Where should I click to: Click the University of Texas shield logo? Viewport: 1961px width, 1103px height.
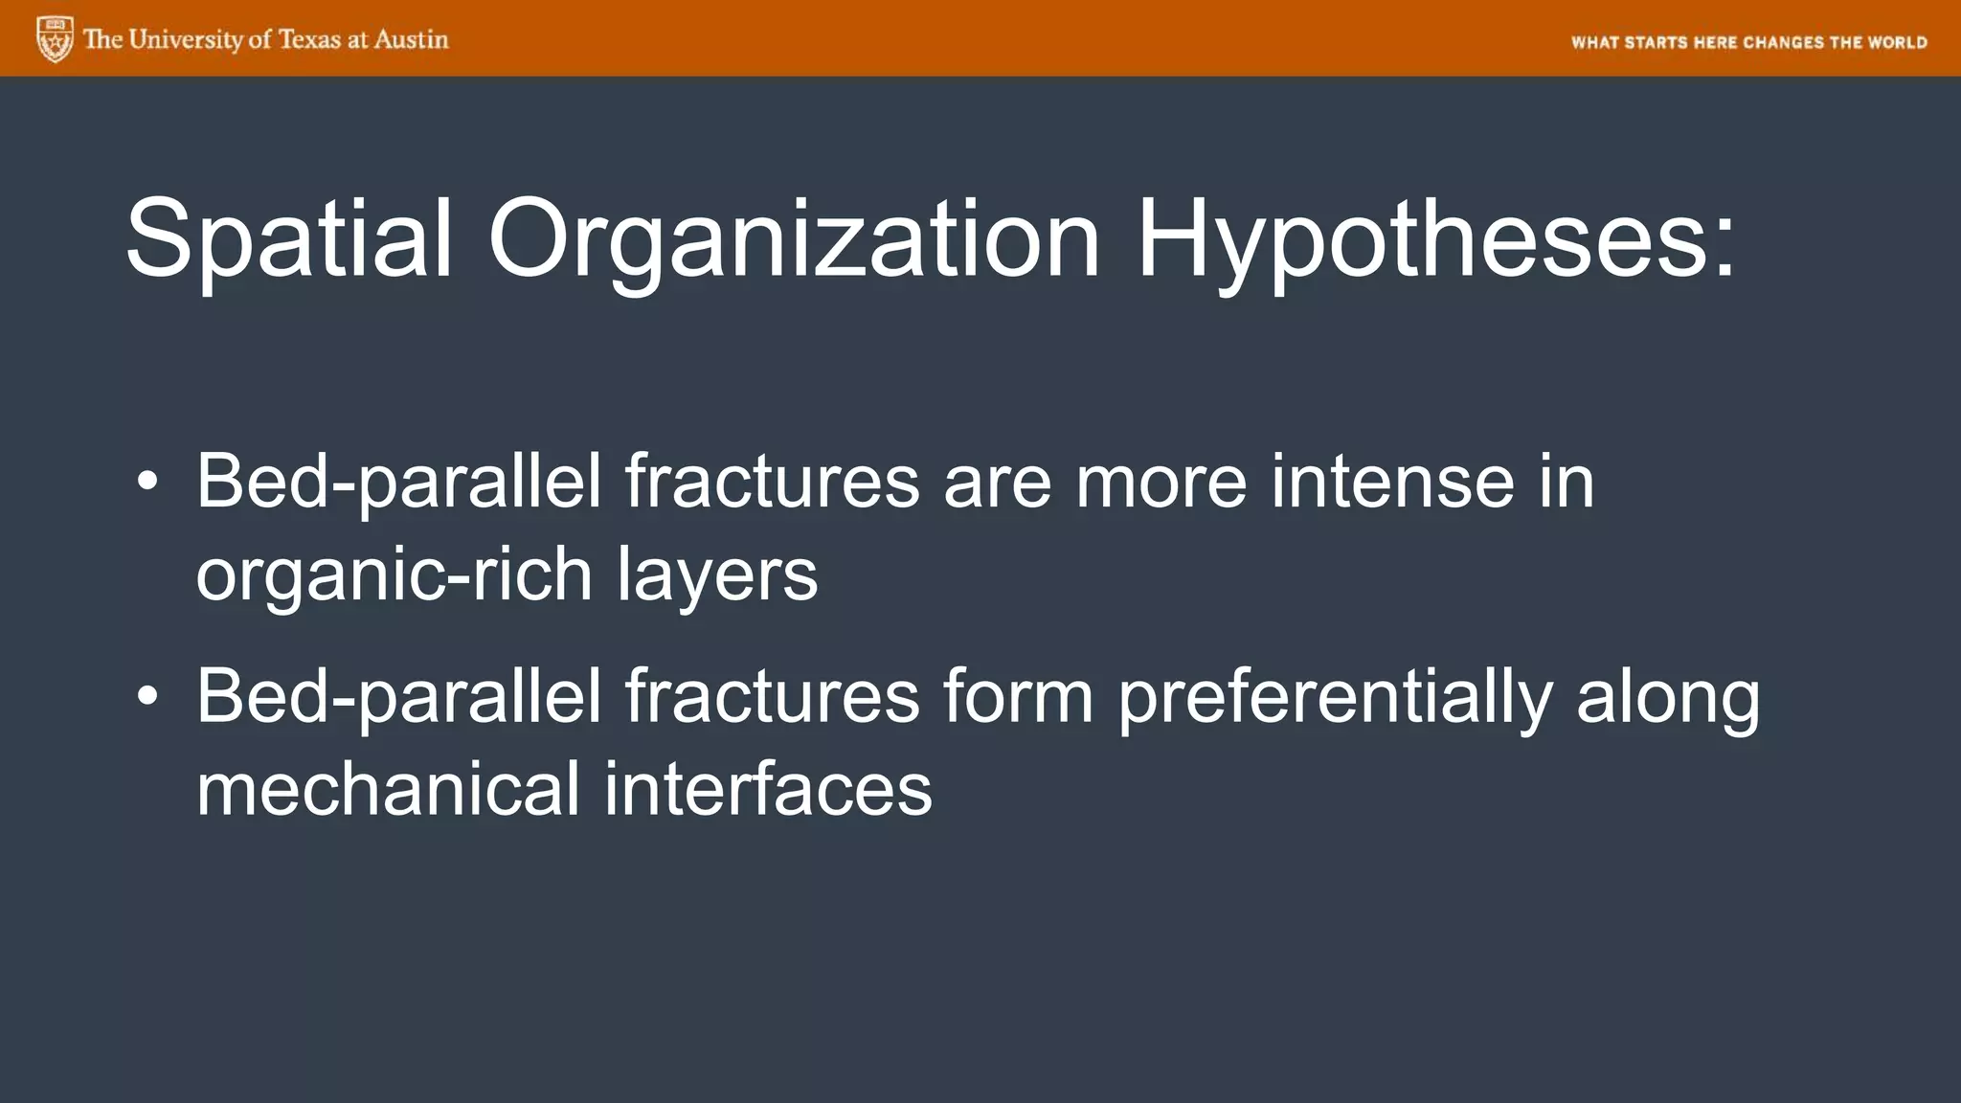[55, 39]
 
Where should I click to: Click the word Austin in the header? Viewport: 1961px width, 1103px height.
[411, 39]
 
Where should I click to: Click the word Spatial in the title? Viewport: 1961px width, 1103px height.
[288, 239]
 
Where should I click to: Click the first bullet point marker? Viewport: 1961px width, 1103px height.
[147, 482]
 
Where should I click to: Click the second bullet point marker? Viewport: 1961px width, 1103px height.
[147, 696]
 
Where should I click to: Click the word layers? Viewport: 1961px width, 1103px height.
[717, 576]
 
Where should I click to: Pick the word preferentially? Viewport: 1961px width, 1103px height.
[1334, 697]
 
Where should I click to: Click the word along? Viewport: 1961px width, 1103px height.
[1667, 697]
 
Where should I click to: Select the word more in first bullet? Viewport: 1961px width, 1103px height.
[1161, 482]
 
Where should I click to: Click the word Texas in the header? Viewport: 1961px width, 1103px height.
[309, 39]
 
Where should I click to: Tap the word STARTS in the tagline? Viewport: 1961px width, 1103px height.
[1656, 42]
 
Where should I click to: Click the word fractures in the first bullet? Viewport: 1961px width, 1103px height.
[773, 482]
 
